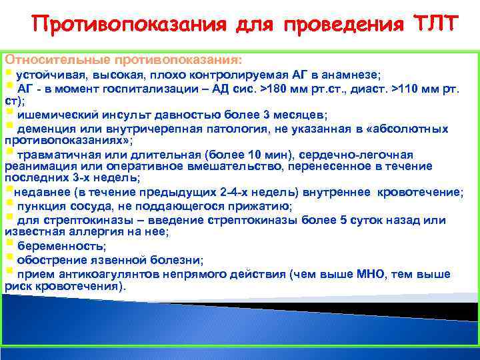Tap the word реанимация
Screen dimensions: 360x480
(x=35, y=167)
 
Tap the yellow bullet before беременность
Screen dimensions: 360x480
(x=9, y=244)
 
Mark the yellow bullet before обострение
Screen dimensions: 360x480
(x=9, y=257)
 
